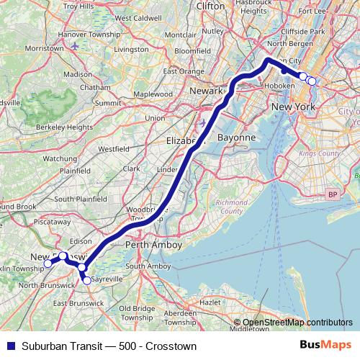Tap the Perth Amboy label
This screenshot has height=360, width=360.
click(153, 245)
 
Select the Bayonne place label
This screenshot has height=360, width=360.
click(237, 137)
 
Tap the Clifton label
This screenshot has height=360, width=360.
click(210, 6)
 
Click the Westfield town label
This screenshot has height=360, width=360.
click(114, 149)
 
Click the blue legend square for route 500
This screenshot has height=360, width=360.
click(8, 345)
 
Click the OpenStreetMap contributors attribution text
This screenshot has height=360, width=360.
click(298, 323)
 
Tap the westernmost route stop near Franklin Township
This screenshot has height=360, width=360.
click(48, 264)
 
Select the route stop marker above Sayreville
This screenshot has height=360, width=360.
click(83, 268)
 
